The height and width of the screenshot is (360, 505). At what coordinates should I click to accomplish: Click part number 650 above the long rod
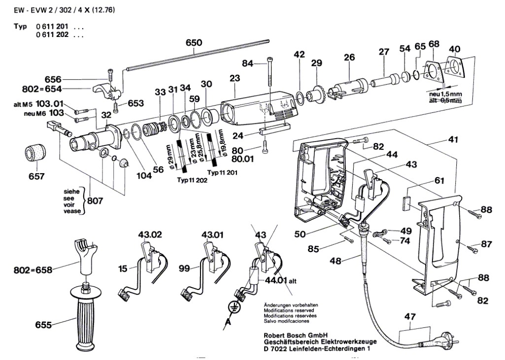point(194,43)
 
